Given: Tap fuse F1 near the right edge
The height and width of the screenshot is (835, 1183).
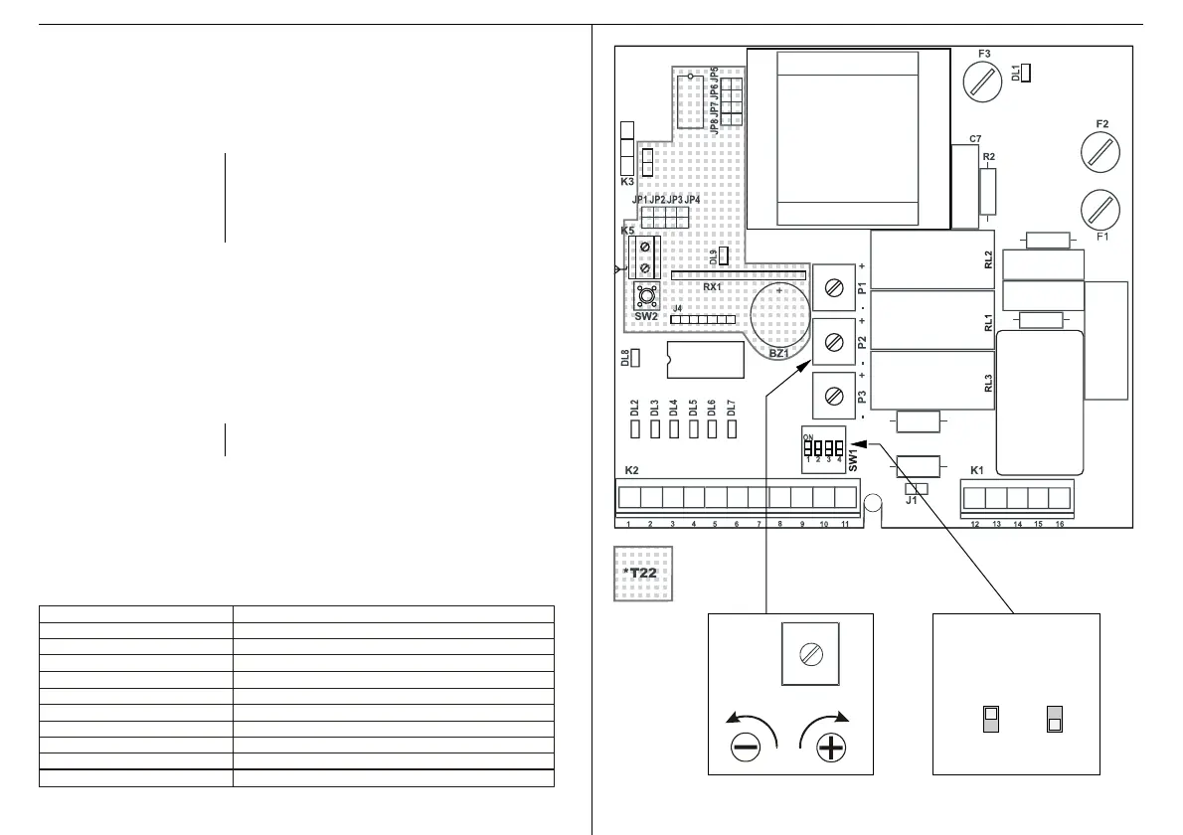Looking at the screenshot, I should (1099, 208).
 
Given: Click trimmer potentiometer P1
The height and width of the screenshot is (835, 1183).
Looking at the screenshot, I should (835, 289).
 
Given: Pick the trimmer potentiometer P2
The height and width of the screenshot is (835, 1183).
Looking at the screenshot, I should (835, 343).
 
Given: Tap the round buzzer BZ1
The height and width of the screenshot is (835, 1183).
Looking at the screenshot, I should (780, 318).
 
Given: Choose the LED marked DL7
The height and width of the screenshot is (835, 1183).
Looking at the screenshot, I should (731, 430).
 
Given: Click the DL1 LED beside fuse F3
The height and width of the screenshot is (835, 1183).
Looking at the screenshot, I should (1026, 73).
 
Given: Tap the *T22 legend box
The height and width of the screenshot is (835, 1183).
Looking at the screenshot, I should (642, 574).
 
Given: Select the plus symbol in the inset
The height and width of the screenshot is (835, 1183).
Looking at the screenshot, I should (831, 749).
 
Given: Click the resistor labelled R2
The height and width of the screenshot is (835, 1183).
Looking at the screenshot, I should (987, 191).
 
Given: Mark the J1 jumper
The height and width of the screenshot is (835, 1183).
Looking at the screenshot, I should (916, 489).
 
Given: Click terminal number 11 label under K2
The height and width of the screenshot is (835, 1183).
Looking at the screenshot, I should (845, 524).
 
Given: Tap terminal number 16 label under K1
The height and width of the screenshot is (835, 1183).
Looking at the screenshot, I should (1060, 524).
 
